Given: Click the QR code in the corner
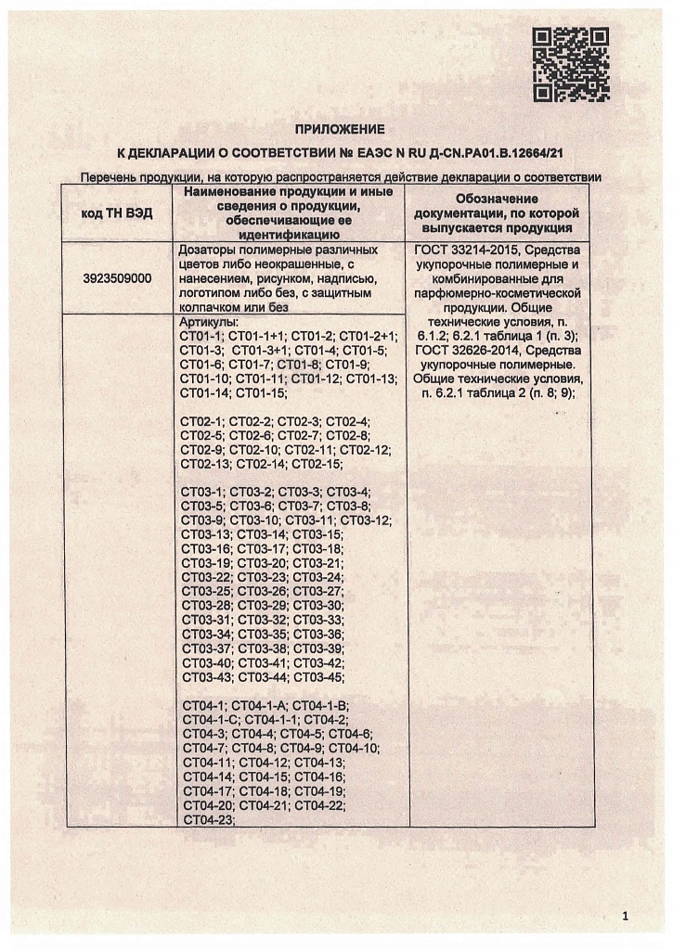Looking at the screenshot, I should pyautogui.click(x=570, y=64).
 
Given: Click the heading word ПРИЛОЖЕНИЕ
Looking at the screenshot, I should pyautogui.click(x=339, y=129).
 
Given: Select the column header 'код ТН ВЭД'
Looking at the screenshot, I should pyautogui.click(x=118, y=213).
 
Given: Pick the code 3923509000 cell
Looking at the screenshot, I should pyautogui.click(x=118, y=277).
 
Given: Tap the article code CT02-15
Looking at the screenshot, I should pyautogui.click(x=317, y=463).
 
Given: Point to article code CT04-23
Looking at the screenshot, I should pyautogui.click(x=209, y=819).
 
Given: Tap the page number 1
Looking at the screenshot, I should pyautogui.click(x=626, y=917).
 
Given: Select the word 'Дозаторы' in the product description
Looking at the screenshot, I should pyautogui.click(x=209, y=250).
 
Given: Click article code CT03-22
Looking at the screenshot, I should pyautogui.click(x=207, y=577).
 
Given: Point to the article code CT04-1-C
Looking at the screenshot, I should pyautogui.click(x=211, y=720).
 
